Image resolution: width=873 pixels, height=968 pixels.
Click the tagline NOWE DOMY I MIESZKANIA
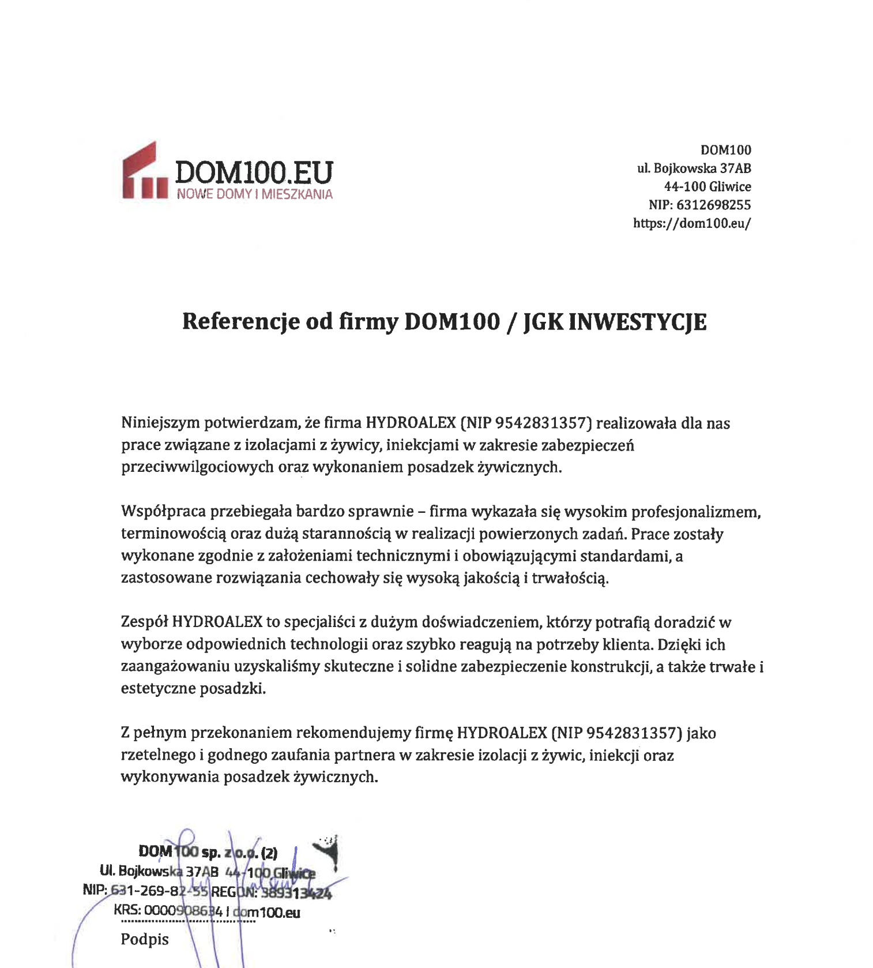[x=254, y=194]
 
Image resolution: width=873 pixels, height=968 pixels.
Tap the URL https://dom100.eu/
[x=692, y=223]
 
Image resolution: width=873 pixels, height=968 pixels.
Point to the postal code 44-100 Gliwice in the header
[x=708, y=186]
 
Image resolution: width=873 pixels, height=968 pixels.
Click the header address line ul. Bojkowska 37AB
[x=694, y=168]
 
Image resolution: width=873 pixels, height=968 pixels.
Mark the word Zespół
[x=144, y=622]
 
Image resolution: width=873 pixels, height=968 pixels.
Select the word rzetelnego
[x=156, y=755]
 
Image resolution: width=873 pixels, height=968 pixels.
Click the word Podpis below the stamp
[x=145, y=940]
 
